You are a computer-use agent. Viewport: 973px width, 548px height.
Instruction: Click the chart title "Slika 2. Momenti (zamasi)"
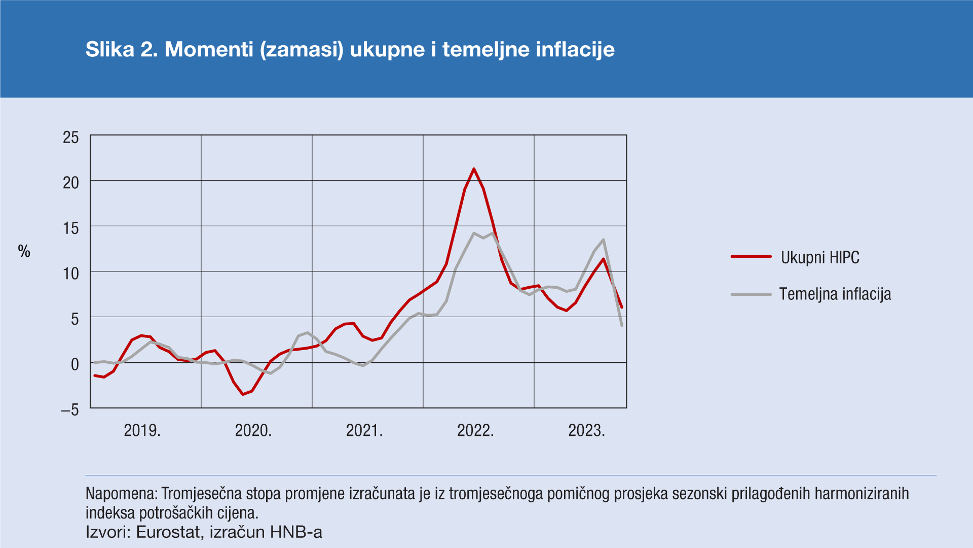(x=350, y=49)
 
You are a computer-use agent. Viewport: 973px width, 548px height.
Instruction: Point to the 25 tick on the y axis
(x=71, y=137)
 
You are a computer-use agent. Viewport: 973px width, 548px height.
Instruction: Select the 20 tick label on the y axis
(x=71, y=183)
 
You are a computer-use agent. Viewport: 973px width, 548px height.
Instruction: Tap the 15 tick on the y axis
(x=71, y=228)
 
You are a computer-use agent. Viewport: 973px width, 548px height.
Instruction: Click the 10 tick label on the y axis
(x=71, y=273)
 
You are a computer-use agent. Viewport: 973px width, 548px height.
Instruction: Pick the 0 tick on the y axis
(x=75, y=364)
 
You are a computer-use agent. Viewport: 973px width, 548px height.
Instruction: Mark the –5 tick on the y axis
(x=70, y=409)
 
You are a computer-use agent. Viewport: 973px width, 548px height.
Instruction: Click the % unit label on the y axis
(x=24, y=251)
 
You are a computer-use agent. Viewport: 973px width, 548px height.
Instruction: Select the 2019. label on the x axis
(x=142, y=430)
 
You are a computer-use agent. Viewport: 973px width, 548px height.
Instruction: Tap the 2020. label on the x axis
(x=253, y=430)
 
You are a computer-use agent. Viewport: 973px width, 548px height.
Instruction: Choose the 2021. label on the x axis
(x=364, y=430)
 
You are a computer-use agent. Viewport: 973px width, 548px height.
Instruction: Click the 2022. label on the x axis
(x=475, y=430)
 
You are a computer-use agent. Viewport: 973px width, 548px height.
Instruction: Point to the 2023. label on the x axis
(x=586, y=430)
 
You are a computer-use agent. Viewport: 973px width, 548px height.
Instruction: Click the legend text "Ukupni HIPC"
(x=820, y=258)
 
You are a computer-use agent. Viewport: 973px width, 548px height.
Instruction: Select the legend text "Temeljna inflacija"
(x=835, y=294)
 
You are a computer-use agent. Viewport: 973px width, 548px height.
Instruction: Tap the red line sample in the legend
(x=751, y=257)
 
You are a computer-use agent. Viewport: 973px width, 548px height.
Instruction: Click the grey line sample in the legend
(x=751, y=294)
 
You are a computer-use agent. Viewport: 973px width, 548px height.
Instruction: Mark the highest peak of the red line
(x=474, y=169)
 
